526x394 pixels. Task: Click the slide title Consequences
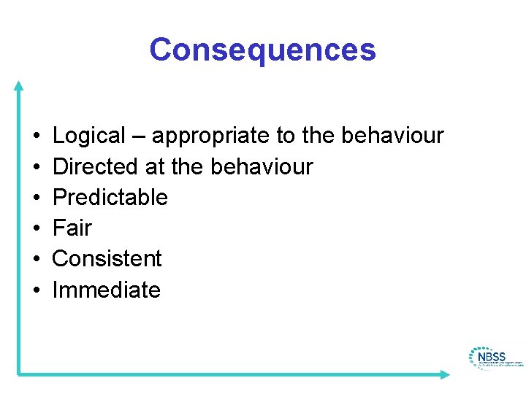point(262,50)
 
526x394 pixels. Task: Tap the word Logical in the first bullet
point(89,136)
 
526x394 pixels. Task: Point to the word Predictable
point(110,198)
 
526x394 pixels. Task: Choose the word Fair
point(72,228)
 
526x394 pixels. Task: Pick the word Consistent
point(107,259)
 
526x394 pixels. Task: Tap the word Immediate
point(107,290)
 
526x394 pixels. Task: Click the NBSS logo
point(495,358)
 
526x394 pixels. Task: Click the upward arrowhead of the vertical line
point(19,85)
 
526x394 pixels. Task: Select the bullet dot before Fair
point(36,229)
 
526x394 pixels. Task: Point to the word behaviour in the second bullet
point(262,167)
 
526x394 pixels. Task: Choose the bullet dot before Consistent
point(36,260)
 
